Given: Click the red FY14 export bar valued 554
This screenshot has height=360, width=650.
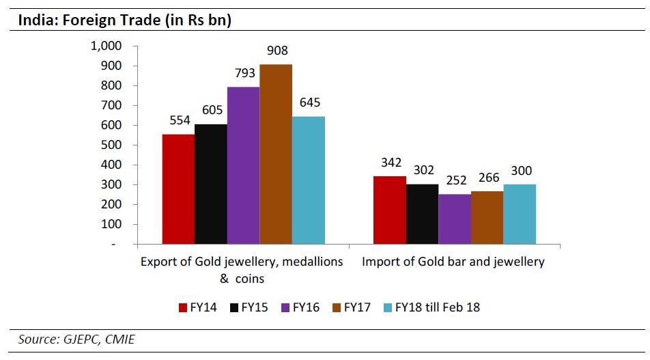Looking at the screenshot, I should point(178,189).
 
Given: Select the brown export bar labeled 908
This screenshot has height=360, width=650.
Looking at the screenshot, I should point(276,154).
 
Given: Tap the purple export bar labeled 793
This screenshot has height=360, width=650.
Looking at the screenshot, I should point(243,165).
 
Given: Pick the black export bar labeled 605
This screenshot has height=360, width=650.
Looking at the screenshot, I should point(210,184).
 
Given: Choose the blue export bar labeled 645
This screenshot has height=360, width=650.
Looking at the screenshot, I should point(309,180).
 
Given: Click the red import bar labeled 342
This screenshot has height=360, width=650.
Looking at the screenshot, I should point(389,210).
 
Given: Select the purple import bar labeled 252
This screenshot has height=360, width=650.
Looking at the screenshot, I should point(455,219).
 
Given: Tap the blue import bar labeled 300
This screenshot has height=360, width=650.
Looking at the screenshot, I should point(520,214).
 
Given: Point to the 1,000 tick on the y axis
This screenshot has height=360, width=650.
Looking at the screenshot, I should point(106,46).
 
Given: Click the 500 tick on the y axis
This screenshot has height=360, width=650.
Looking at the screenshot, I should point(111,145).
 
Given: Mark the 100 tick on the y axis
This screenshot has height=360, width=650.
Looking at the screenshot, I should point(111,224).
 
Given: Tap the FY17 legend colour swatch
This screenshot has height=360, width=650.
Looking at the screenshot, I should point(335,307).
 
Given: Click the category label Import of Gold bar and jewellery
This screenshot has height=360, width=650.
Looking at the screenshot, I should point(453,262).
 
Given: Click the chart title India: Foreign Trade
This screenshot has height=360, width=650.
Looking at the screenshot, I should point(124,20).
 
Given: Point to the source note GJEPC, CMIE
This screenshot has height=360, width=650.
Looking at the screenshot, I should point(76,340).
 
